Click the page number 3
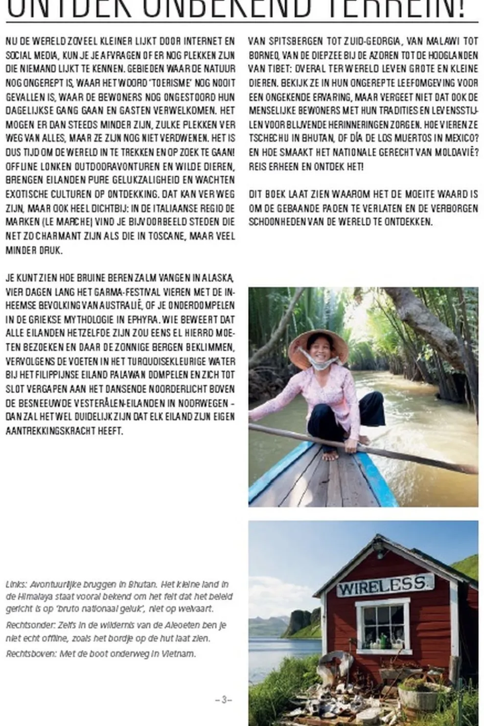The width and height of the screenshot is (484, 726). tap(224, 700)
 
